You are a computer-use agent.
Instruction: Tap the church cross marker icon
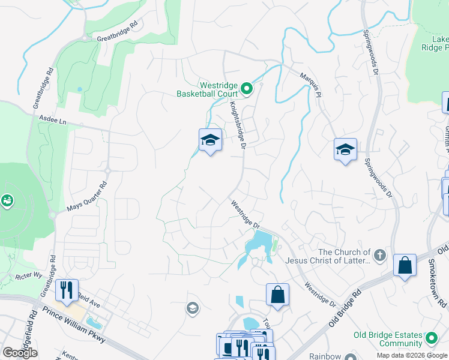(x=379, y=256)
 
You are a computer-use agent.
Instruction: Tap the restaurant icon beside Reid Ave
(x=67, y=290)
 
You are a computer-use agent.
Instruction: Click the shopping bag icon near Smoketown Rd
(x=405, y=265)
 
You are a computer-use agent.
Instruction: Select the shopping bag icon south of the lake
(x=277, y=295)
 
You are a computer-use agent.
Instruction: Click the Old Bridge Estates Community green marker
(x=430, y=339)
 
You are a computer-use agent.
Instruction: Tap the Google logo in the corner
(x=20, y=353)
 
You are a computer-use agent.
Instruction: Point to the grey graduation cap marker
(x=193, y=308)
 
